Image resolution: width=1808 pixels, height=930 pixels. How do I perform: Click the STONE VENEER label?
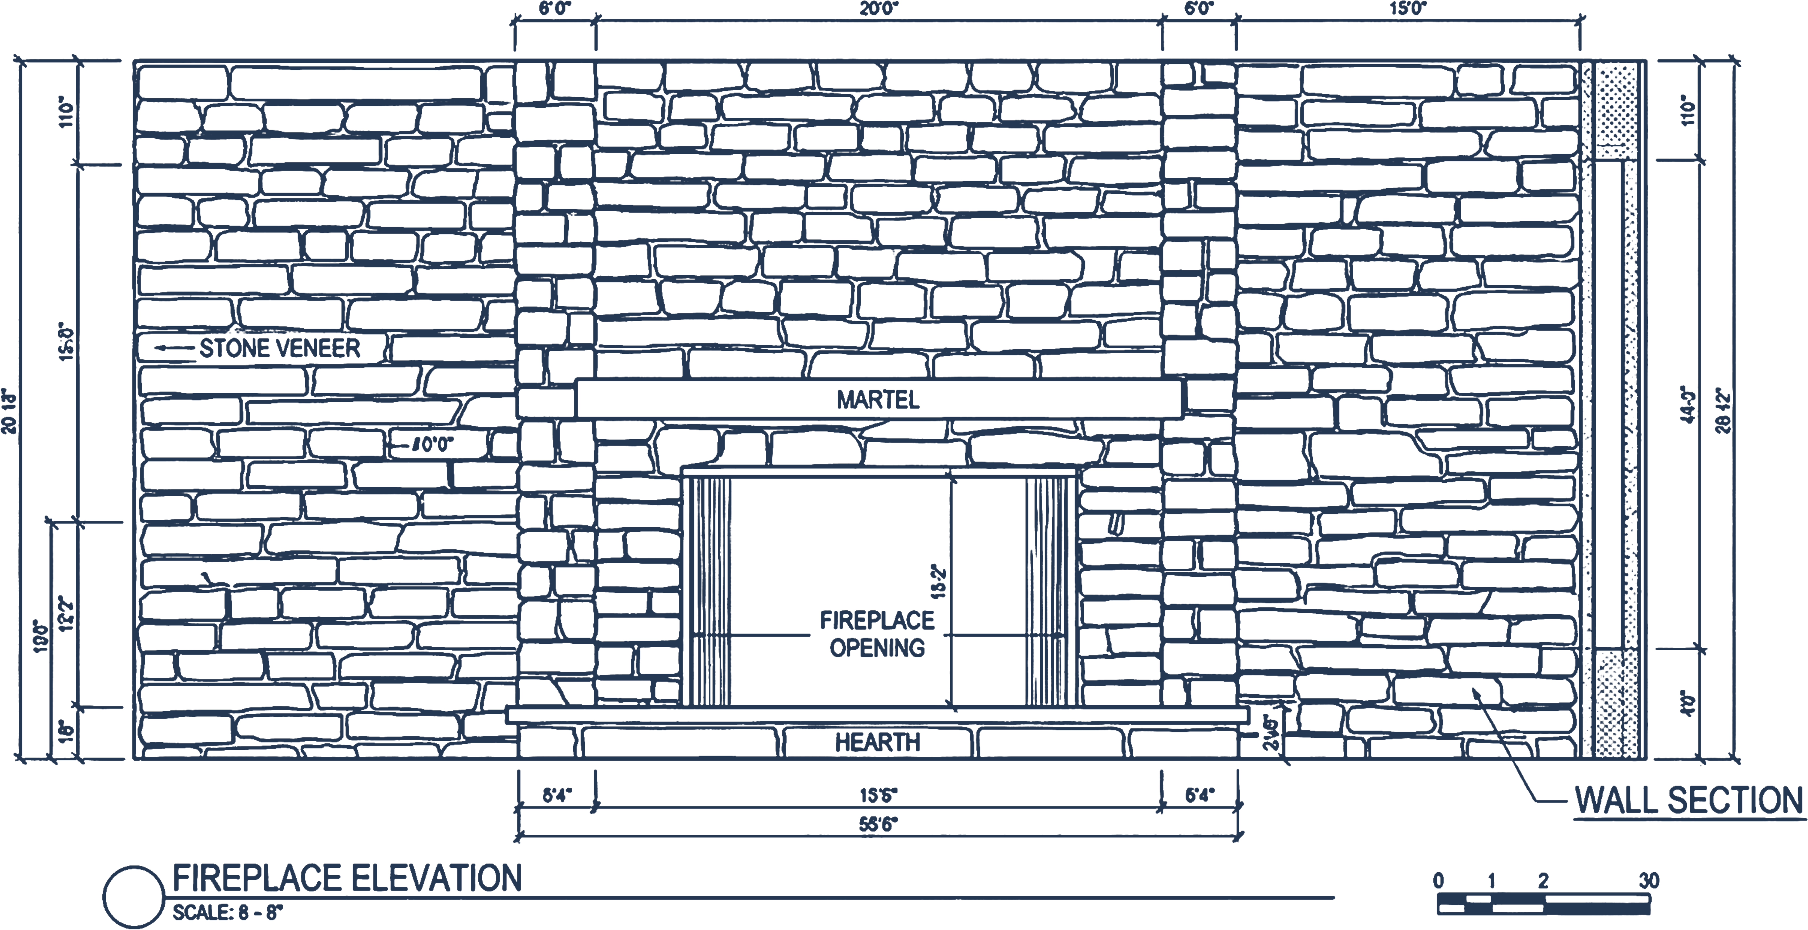coord(279,349)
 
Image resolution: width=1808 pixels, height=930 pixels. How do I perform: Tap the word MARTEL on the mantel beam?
coord(877,400)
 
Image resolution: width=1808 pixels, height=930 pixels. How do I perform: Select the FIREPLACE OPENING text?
coord(877,633)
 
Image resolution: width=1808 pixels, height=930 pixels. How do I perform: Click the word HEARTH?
coord(877,742)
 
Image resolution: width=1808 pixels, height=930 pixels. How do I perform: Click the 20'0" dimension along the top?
coord(879,9)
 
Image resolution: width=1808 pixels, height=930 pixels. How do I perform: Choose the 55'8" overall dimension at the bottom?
coord(879,824)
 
